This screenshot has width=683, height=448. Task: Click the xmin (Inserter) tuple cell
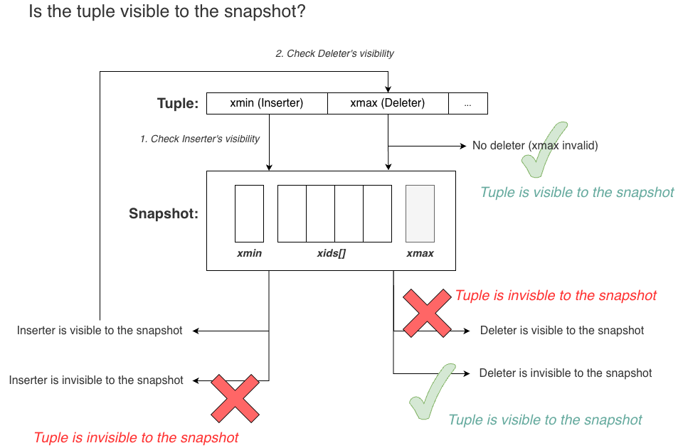pyautogui.click(x=267, y=103)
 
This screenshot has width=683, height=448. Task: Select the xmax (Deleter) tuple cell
pyautogui.click(x=388, y=103)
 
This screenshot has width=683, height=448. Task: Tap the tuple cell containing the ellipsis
pyautogui.click(x=467, y=103)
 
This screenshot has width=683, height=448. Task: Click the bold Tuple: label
pyautogui.click(x=177, y=104)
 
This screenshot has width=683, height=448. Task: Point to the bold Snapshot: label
pyautogui.click(x=163, y=213)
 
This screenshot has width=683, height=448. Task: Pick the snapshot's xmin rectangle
pyautogui.click(x=249, y=213)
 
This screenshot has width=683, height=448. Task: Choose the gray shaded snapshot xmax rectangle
pyautogui.click(x=420, y=213)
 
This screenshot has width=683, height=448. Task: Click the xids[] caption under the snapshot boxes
pyautogui.click(x=332, y=253)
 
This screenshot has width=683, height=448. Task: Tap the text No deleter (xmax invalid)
pyautogui.click(x=535, y=146)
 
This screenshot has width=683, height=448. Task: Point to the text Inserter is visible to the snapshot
pyautogui.click(x=100, y=331)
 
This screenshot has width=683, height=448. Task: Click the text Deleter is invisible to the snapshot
pyautogui.click(x=566, y=373)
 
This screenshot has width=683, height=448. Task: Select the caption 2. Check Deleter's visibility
pyautogui.click(x=334, y=53)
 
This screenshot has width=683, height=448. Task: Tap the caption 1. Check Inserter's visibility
pyautogui.click(x=200, y=139)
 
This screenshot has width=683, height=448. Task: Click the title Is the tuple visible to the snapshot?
pyautogui.click(x=167, y=12)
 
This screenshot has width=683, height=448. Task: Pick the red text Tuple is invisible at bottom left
pyautogui.click(x=136, y=437)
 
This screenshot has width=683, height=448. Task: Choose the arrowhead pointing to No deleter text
pyautogui.click(x=463, y=146)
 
